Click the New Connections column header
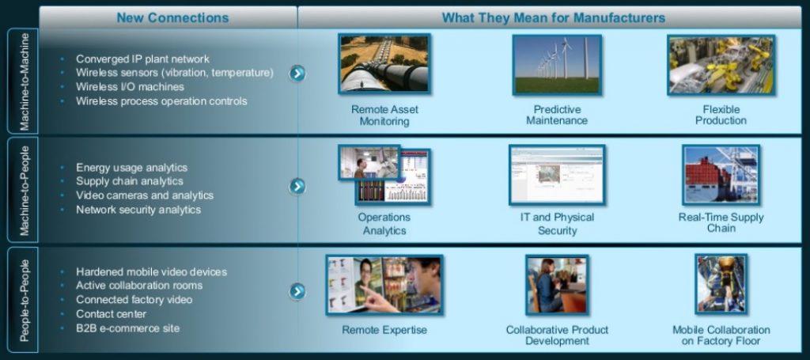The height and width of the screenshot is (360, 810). (x=172, y=17)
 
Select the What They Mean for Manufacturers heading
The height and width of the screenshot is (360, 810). (x=553, y=17)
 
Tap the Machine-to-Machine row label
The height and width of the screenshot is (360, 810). (x=24, y=81)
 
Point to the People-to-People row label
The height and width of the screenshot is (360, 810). (x=24, y=298)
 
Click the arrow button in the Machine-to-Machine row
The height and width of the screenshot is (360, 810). (x=297, y=74)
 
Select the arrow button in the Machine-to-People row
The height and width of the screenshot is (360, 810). (x=297, y=186)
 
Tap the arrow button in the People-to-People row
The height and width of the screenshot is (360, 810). (x=297, y=291)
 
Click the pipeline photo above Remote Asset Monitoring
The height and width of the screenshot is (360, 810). (x=384, y=64)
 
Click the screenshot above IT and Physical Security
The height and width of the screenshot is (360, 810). (x=557, y=175)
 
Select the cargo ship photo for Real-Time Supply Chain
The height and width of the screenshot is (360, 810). (x=721, y=175)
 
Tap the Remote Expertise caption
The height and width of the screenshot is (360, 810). (x=384, y=330)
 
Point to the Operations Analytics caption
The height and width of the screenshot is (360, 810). (x=384, y=224)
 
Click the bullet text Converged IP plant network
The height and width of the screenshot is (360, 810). (x=142, y=59)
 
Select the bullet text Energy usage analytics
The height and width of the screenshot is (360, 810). (x=131, y=168)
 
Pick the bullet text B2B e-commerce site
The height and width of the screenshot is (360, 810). (x=127, y=328)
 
